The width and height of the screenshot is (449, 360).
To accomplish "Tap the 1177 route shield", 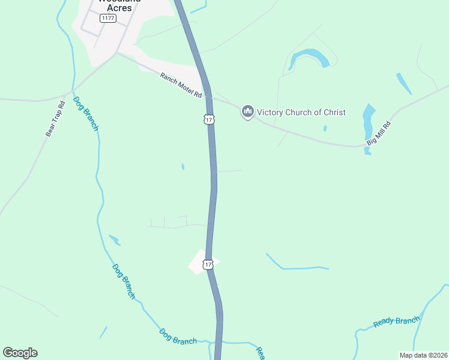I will click(109, 19).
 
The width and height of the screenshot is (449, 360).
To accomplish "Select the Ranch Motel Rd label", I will click(181, 85).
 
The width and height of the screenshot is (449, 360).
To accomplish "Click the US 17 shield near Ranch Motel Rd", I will click(208, 120).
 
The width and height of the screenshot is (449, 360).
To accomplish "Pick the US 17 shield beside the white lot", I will click(208, 265).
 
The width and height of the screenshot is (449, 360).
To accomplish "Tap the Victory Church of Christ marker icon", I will click(247, 112).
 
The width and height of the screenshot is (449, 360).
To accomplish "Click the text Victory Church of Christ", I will click(301, 112).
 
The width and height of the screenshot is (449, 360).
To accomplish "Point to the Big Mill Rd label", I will click(379, 134).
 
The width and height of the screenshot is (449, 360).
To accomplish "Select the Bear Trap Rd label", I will click(55, 119).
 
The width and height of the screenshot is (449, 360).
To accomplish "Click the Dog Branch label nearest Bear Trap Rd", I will click(85, 112).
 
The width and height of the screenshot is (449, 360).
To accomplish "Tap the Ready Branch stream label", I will click(396, 322).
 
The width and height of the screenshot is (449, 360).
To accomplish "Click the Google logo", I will click(20, 353).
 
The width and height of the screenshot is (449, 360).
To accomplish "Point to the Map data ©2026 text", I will click(423, 355).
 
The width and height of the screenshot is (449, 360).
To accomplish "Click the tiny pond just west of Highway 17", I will click(182, 167).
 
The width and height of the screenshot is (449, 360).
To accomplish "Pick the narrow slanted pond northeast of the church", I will click(404, 83).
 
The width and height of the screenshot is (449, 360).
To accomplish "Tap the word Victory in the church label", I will click(270, 112).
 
